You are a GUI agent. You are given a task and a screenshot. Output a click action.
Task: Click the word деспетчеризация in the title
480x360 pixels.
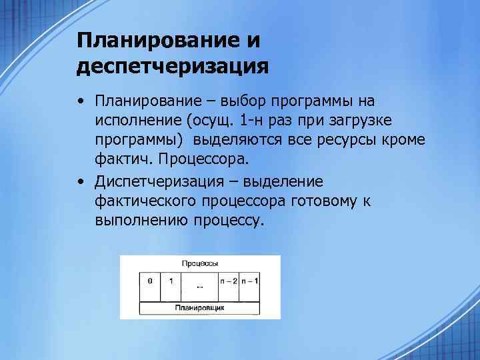coord(173,67)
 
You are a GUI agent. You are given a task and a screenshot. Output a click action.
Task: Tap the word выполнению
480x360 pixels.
coord(140,220)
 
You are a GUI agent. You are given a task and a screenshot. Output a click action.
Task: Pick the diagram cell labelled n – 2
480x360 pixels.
coord(229,287)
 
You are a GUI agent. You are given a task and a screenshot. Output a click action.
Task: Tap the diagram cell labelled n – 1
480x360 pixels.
coord(250,287)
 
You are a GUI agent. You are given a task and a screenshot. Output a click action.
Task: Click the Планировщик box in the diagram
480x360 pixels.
coord(200,308)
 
